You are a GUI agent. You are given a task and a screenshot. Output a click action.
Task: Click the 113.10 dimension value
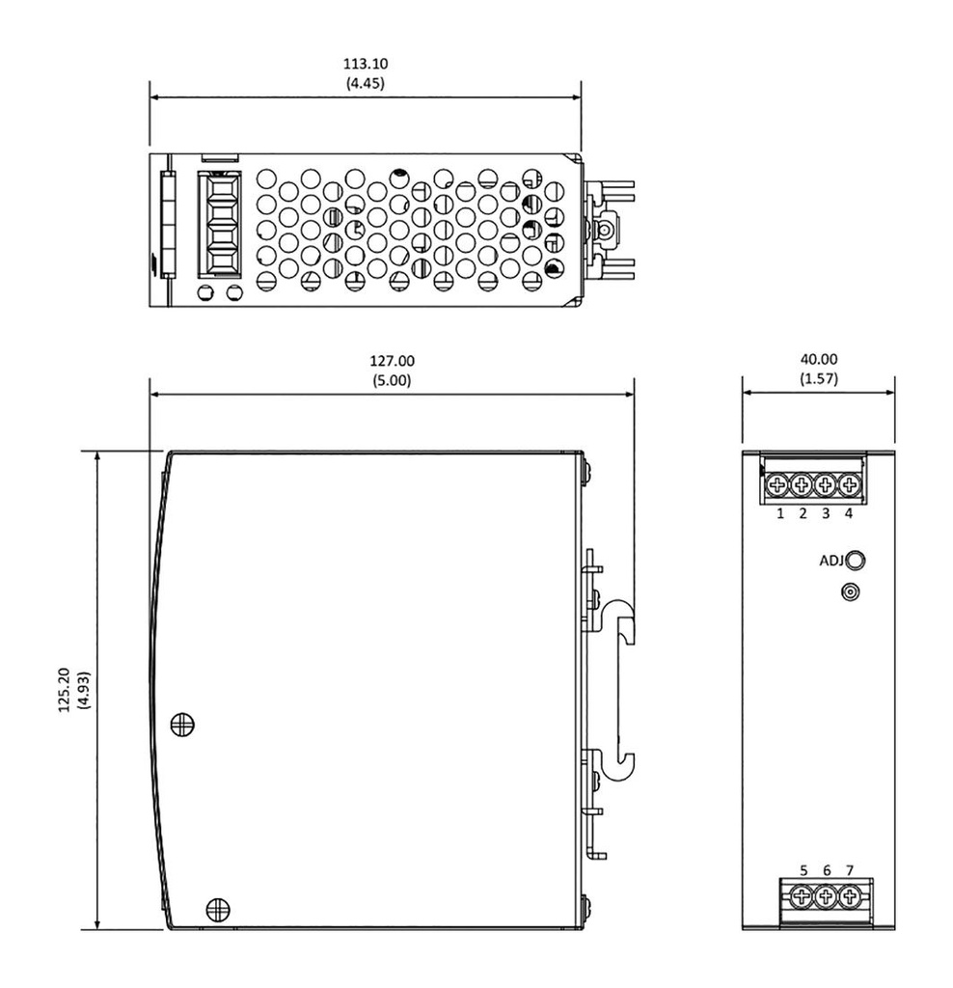point(366,65)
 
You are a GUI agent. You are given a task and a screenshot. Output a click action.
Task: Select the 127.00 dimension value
point(393,362)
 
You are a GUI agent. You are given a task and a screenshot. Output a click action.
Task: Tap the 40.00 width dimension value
point(818,359)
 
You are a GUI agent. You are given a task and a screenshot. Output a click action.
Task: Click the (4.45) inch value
point(366,83)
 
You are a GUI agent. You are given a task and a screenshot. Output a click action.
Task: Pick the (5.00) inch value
point(393,380)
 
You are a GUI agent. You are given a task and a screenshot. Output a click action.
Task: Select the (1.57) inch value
point(818,378)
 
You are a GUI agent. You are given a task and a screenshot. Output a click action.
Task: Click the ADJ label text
point(830,561)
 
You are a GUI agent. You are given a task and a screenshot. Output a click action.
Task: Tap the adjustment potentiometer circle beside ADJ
point(854,561)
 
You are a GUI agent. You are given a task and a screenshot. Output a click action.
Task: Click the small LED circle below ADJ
point(850,591)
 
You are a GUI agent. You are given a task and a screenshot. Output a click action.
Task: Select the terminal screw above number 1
point(777,485)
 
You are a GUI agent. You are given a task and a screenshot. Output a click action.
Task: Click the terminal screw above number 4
point(849,485)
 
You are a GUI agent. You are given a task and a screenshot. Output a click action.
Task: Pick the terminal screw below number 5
point(803,897)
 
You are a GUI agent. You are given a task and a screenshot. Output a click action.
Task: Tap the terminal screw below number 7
point(849,897)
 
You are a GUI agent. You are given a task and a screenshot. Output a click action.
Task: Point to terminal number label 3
point(826,513)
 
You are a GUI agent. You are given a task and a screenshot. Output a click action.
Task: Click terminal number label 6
point(827,871)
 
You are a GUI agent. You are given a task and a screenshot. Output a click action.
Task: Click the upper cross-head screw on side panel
point(180,724)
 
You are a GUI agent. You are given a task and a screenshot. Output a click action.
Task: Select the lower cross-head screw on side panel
point(218,907)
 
